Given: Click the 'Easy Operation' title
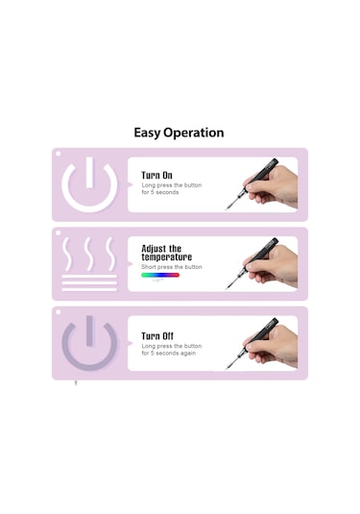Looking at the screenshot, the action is pyautogui.click(x=179, y=133).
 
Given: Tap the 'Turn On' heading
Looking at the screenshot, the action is pyautogui.click(x=156, y=175).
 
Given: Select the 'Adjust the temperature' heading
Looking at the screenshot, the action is pyautogui.click(x=167, y=253).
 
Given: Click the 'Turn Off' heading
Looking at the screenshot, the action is pyautogui.click(x=157, y=336).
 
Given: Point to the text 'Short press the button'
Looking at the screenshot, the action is pyautogui.click(x=172, y=267).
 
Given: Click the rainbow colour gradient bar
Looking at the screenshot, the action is pyautogui.click(x=160, y=275).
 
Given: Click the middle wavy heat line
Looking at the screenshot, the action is pyautogui.click(x=88, y=254).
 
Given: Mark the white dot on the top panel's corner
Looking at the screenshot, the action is pyautogui.click(x=59, y=154).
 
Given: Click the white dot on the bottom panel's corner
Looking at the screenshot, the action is pyautogui.click(x=59, y=312).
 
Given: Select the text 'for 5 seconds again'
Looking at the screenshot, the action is pyautogui.click(x=169, y=354).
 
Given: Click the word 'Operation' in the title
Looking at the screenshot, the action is pyautogui.click(x=194, y=134).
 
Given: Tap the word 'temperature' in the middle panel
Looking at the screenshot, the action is pyautogui.click(x=167, y=257).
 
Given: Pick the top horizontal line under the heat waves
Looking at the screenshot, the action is pyautogui.click(x=89, y=277).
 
